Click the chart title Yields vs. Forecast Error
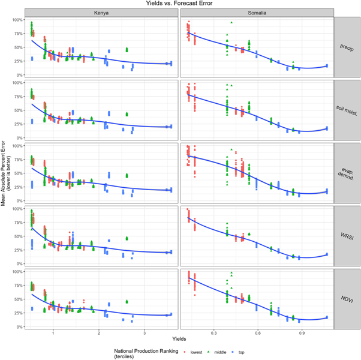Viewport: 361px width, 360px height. (180, 4)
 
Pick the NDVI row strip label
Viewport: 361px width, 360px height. (348, 298)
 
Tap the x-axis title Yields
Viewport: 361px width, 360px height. (180, 340)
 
